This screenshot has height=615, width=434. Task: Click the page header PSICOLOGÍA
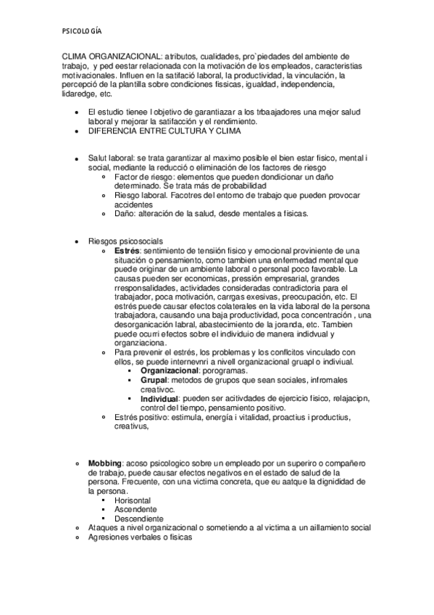(81, 30)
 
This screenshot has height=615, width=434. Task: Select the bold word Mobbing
(104, 463)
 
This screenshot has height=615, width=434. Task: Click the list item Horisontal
(133, 500)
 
